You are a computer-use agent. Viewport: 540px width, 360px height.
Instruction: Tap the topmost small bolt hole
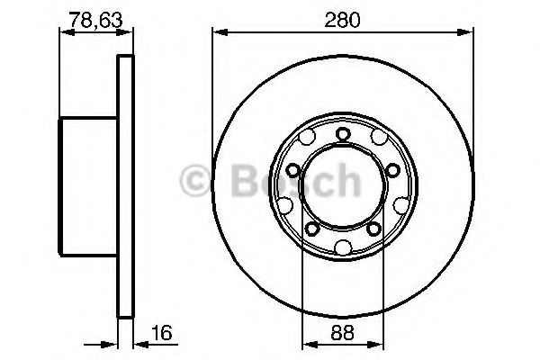343,134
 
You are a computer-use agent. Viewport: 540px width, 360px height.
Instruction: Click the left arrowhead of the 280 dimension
217,33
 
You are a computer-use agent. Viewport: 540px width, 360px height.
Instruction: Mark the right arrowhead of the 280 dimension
469,33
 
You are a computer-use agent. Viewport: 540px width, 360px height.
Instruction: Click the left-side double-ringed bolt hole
294,169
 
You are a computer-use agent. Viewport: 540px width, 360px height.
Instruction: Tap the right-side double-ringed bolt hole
391,169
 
